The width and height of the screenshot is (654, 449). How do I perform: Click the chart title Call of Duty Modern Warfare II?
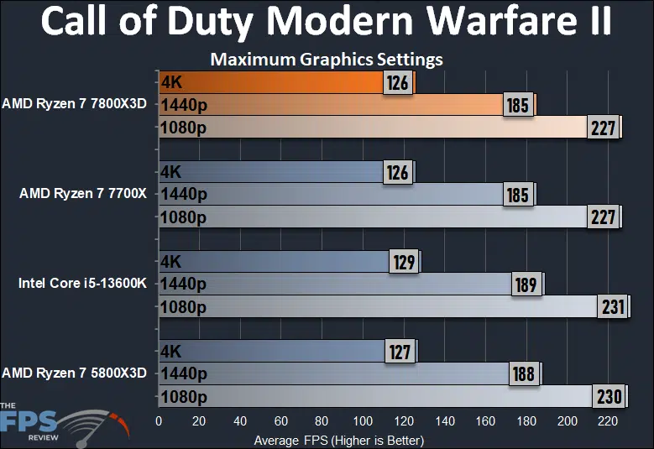coord(327,23)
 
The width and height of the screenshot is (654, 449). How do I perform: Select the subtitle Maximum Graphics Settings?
coord(327,60)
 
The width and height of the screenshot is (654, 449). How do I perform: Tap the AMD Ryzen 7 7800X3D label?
coord(75,105)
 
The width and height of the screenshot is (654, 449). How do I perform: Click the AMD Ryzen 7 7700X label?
coord(83,194)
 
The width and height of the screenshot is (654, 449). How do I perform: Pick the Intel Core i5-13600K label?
coord(82,283)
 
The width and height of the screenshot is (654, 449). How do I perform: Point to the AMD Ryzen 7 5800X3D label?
coord(75,373)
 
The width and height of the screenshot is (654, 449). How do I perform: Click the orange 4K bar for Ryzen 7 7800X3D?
coord(269,82)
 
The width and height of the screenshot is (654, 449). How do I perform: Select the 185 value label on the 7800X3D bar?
coord(517,106)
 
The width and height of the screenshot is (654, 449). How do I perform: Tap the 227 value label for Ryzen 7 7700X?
coord(602,217)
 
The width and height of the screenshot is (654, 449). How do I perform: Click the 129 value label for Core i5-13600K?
coord(403,262)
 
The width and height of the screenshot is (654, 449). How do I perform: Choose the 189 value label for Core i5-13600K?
coord(526,285)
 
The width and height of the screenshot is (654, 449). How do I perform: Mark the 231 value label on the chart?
coord(611,307)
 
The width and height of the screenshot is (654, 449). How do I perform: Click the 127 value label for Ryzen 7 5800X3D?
coord(400,352)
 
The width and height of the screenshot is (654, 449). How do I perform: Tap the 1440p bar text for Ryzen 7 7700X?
coord(184,195)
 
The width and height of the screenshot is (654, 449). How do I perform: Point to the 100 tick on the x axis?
coord(363,420)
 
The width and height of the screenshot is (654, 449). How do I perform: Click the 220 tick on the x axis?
coord(608,420)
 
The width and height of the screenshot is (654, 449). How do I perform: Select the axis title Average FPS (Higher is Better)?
coord(338,439)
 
